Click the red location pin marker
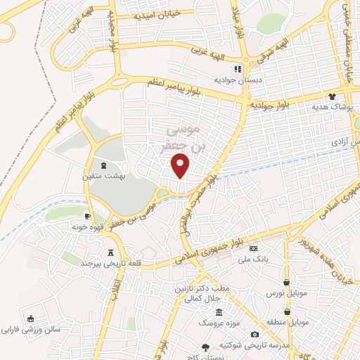coord(181,165)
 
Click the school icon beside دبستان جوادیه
coord(238,69)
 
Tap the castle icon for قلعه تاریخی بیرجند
coord(110,252)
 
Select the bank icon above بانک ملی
coord(254,249)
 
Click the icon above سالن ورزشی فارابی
coord(30,318)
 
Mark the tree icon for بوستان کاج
coord(205,347)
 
